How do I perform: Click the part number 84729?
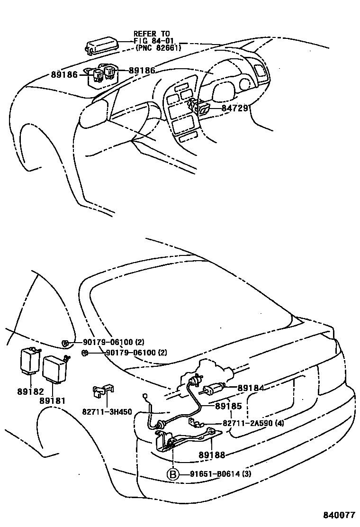click(235, 109)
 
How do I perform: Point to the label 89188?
click(212, 454)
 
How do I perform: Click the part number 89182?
click(31, 392)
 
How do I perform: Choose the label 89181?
click(52, 400)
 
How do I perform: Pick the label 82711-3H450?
click(108, 412)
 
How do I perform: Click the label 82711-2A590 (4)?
click(253, 423)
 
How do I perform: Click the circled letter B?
click(173, 474)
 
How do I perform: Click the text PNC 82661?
click(158, 47)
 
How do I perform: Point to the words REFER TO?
click(152, 34)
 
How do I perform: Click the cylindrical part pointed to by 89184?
click(214, 389)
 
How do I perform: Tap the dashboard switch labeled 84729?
click(203, 109)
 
